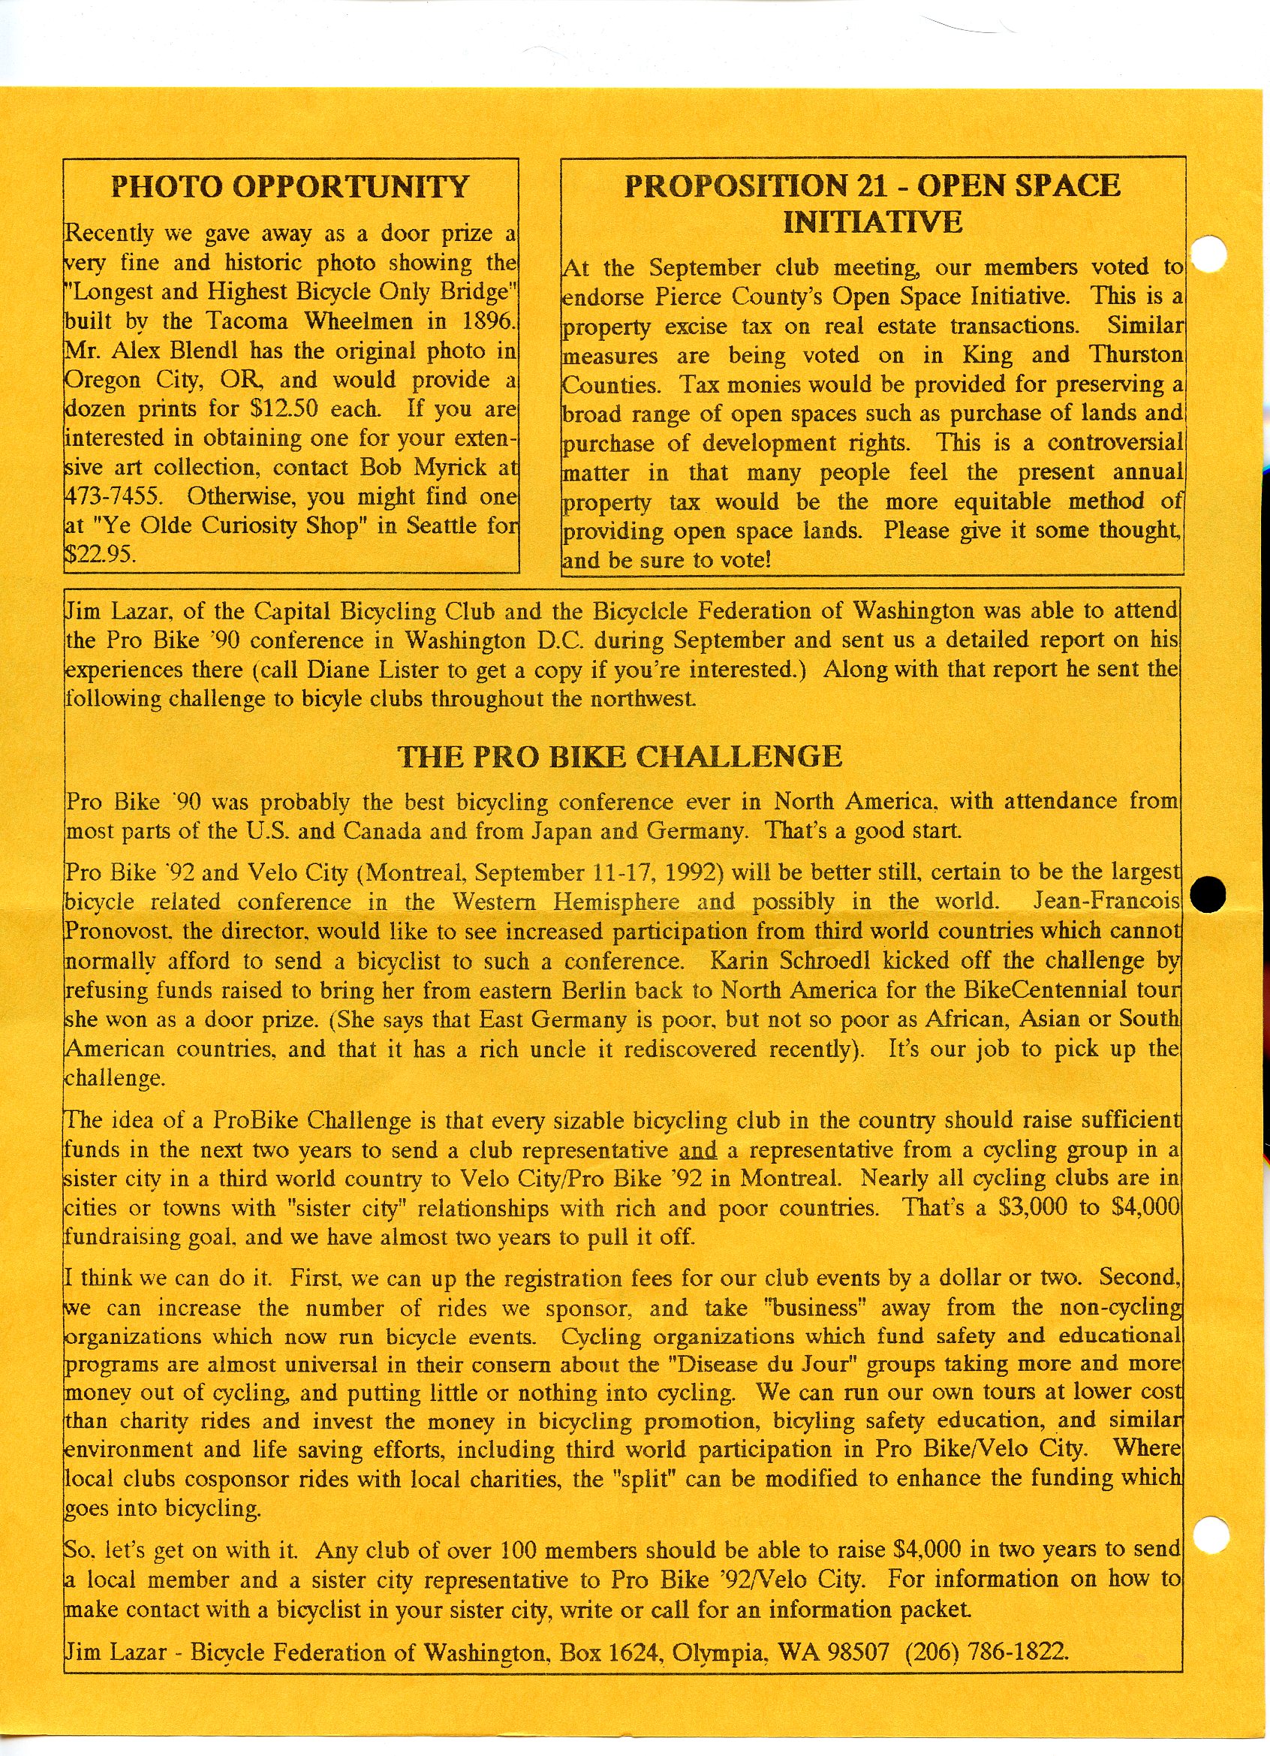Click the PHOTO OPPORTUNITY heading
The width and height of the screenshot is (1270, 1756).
tap(290, 187)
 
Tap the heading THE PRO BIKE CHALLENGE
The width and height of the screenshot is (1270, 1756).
tap(619, 757)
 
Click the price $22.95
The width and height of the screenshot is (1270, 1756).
tap(99, 554)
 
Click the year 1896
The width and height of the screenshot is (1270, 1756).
tap(489, 321)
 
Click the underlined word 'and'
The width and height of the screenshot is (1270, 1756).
tap(698, 1151)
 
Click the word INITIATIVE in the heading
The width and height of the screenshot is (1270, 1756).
tap(872, 222)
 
